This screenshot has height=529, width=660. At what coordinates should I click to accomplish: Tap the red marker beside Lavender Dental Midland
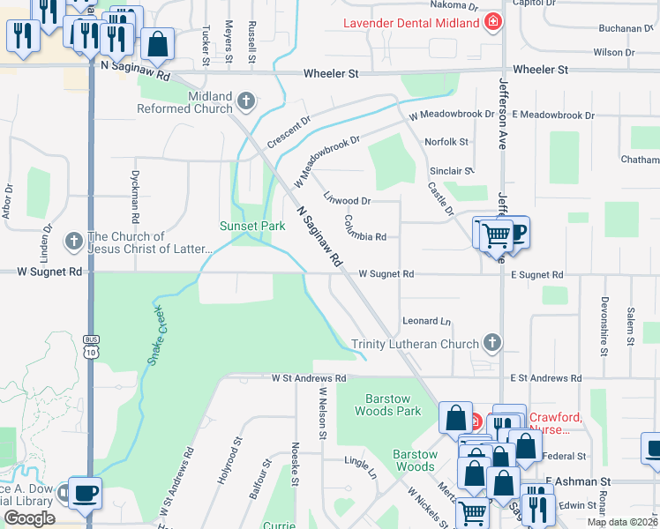point(493,22)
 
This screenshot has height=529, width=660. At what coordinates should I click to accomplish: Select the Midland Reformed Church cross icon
point(246,101)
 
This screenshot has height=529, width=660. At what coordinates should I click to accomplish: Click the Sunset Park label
point(252,226)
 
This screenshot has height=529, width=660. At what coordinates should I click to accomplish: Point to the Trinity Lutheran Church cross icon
point(493,343)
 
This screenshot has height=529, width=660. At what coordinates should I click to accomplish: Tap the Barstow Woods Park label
point(388,404)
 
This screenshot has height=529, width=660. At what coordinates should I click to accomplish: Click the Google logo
point(29,518)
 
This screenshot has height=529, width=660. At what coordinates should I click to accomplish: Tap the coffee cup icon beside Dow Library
point(85,492)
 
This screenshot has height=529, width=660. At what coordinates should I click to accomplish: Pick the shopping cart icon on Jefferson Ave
point(497,235)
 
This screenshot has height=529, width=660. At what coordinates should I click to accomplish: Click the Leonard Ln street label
point(426,321)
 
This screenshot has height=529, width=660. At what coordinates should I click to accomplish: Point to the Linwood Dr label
point(347,200)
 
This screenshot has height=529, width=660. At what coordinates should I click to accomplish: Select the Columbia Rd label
point(365,229)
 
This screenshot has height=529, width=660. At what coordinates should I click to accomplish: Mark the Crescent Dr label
point(289,130)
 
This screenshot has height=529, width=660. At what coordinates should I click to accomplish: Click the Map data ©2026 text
point(621,522)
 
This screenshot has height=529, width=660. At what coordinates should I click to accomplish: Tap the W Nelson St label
point(323,413)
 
